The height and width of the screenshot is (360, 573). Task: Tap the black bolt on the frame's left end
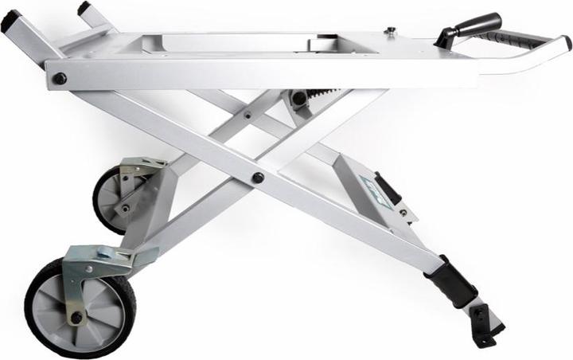(x=59, y=78)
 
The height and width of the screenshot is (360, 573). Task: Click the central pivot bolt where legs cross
(x=258, y=178)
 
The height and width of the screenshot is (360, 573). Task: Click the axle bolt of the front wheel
(x=76, y=318)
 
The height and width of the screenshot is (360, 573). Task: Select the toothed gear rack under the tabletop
(x=322, y=97)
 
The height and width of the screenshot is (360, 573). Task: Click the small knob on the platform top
(x=391, y=32)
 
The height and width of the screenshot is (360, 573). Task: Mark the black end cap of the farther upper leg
(x=84, y=9)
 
